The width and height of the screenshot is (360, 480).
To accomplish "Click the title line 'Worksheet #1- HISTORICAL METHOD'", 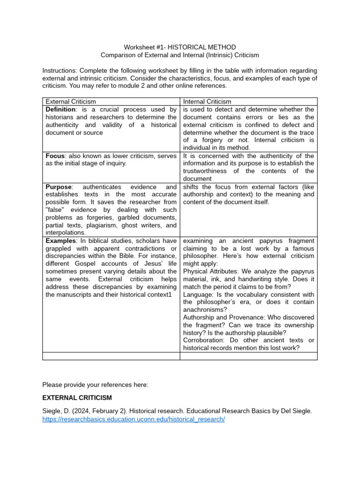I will pyautogui.click(x=180, y=47).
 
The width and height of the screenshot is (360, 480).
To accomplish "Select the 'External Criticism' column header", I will pyautogui.click(x=71, y=101).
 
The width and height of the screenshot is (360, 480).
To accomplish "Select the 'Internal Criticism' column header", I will pyautogui.click(x=207, y=101).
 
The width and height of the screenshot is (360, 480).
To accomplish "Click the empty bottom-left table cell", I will pyautogui.click(x=111, y=356).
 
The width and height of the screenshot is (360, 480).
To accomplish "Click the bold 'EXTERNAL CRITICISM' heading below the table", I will pyautogui.click(x=77, y=398).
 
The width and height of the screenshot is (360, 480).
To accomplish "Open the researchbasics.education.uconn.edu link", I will pyautogui.click(x=134, y=419).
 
